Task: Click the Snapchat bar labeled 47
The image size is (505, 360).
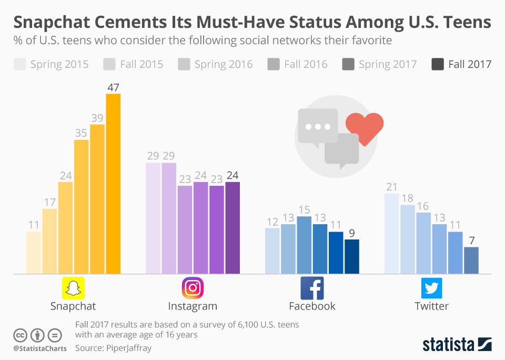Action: [113, 184]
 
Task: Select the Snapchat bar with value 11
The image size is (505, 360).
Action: [34, 253]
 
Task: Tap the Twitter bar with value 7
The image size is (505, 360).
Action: [471, 261]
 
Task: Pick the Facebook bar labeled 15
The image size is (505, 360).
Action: [304, 245]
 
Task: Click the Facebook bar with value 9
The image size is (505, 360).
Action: [351, 257]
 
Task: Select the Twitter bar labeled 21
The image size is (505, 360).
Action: [392, 234]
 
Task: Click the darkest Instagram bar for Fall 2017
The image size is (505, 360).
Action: [232, 228]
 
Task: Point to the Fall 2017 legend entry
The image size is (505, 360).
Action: [461, 64]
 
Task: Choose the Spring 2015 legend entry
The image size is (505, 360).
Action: [51, 64]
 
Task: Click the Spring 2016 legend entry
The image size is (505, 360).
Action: [216, 64]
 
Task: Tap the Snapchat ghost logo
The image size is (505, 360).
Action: [73, 288]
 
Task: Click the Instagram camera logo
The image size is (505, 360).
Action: [193, 288]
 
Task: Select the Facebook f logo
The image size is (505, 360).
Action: [312, 288]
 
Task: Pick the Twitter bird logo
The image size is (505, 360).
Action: [431, 288]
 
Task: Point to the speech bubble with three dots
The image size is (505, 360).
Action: [317, 126]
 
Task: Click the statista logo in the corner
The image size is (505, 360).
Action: [457, 344]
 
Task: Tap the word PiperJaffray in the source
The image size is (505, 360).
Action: [127, 348]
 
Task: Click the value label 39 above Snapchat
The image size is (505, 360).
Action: [97, 118]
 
